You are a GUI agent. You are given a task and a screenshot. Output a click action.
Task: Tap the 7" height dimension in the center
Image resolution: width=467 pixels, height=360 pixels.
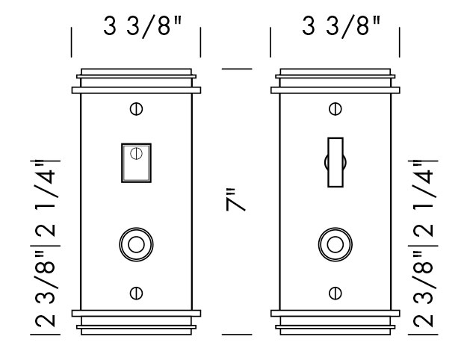[236, 201]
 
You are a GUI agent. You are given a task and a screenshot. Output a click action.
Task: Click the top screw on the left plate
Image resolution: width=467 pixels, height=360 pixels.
[136, 109]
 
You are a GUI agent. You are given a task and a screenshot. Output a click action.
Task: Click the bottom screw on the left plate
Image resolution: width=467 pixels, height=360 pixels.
[136, 292]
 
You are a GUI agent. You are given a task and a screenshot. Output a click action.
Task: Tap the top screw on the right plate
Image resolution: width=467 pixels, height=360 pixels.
[335, 109]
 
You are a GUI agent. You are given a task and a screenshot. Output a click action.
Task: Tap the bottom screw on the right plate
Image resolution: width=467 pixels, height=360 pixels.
[335, 292]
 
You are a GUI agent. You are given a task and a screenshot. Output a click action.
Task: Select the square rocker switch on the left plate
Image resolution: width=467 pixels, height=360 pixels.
[136, 163]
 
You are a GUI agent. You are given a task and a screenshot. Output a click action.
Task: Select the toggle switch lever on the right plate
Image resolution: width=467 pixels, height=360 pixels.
[335, 161]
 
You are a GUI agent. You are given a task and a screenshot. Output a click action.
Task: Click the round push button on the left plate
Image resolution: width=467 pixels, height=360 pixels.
[136, 244]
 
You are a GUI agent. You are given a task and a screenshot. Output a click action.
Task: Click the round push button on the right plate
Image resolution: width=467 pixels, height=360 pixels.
[335, 244]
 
